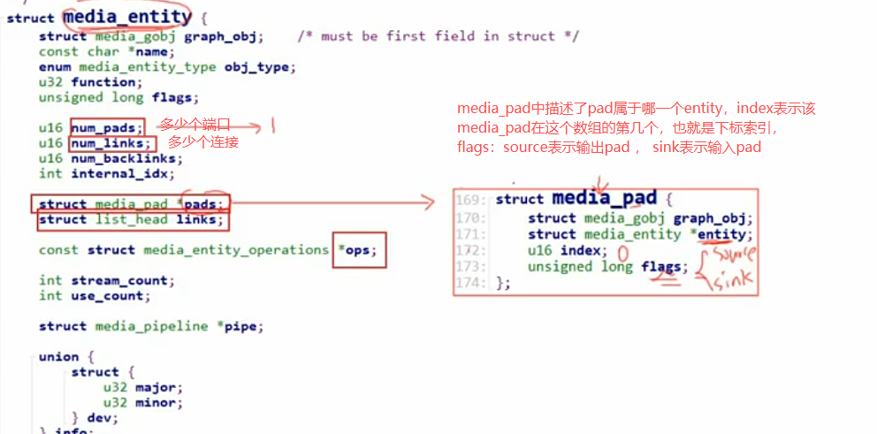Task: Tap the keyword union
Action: tap(58, 357)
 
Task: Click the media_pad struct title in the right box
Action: tap(604, 198)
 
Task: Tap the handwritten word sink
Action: tap(732, 280)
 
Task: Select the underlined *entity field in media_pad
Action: tap(721, 234)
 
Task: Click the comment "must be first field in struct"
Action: tap(438, 36)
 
